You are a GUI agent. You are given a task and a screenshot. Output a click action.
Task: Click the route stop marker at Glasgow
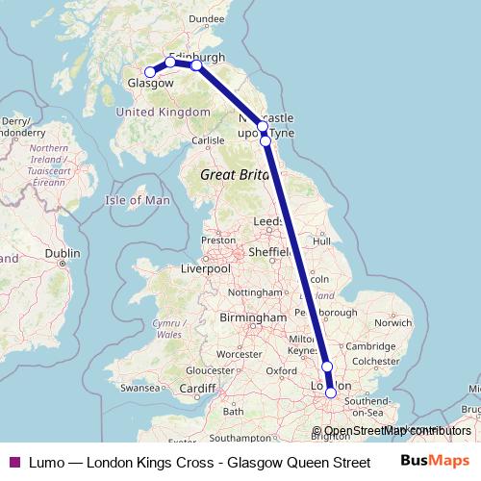[150, 72]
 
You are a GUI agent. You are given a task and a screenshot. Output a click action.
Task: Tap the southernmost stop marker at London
[332, 392]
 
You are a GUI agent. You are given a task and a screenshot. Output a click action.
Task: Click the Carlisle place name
[208, 140]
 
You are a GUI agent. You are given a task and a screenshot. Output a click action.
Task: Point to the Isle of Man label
[138, 200]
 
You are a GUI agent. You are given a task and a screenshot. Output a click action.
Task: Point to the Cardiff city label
[198, 388]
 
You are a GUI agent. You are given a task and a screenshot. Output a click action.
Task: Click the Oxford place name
[281, 370]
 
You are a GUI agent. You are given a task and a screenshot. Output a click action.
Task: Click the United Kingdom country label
[163, 113]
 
